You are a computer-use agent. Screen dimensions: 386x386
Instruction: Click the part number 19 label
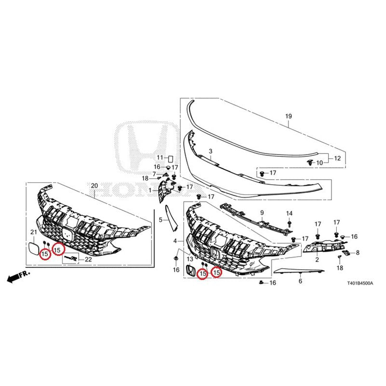[x=289, y=116]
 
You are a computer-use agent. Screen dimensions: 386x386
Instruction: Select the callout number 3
[x=210, y=151]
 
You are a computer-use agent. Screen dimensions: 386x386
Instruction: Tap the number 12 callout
[x=337, y=158]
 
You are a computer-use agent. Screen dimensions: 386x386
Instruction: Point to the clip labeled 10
[x=310, y=162]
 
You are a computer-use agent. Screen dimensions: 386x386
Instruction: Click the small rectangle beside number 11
[x=171, y=158]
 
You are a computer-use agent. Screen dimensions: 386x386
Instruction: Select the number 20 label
[x=95, y=186]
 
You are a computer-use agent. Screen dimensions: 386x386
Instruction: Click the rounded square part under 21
[x=33, y=248]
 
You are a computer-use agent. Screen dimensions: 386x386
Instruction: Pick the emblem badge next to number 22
[x=71, y=258]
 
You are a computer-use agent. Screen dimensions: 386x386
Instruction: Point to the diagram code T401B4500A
[x=360, y=283]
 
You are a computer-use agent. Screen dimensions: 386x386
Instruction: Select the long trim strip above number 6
[x=299, y=271]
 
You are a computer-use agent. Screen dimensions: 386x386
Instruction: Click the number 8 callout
[x=358, y=252]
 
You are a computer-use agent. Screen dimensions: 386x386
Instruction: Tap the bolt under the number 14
[x=289, y=224]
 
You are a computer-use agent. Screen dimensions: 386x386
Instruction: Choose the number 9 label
[x=262, y=212]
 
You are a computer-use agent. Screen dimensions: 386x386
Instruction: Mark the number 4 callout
[x=175, y=241]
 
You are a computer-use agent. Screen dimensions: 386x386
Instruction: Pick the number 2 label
[x=317, y=259]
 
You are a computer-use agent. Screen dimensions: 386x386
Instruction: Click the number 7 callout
[x=154, y=174]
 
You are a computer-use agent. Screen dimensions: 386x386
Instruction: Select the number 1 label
[x=150, y=190]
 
